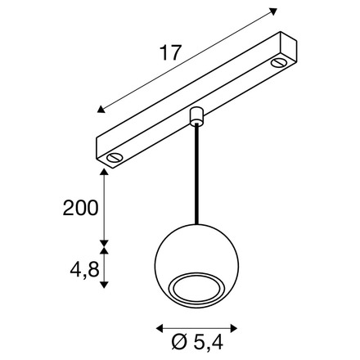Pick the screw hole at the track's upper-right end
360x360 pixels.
click(282, 64)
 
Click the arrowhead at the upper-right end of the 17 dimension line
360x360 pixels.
click(272, 11)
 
